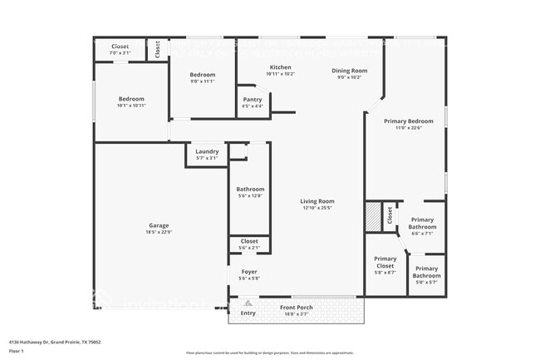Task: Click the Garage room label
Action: pyautogui.click(x=159, y=225)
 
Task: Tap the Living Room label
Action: pyautogui.click(x=317, y=201)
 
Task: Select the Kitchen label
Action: pyautogui.click(x=280, y=67)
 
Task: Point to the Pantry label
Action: pyautogui.click(x=253, y=100)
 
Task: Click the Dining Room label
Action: pyautogui.click(x=350, y=72)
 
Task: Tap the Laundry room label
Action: pyautogui.click(x=207, y=151)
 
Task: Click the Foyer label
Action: pyautogui.click(x=249, y=272)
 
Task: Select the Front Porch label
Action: pyautogui.click(x=296, y=308)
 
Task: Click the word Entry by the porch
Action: pyautogui.click(x=248, y=313)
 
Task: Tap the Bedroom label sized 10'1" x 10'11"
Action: pyautogui.click(x=131, y=99)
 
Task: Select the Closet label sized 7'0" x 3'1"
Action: pyautogui.click(x=120, y=47)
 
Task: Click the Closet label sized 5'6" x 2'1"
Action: pyautogui.click(x=249, y=242)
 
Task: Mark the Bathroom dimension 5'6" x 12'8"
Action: pyautogui.click(x=250, y=195)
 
